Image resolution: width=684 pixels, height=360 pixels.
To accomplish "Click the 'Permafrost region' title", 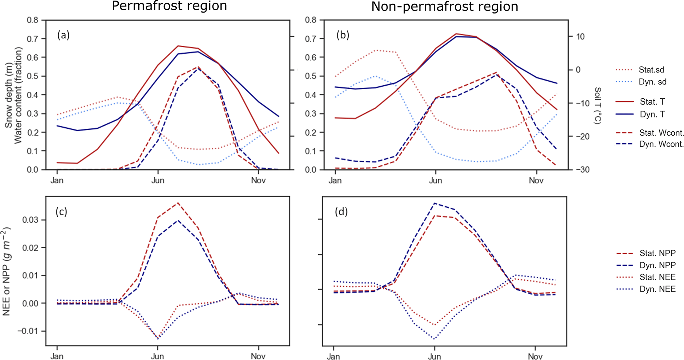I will pyautogui.click(x=169, y=6).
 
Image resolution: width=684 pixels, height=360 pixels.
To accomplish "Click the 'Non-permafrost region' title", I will pyautogui.click(x=444, y=6).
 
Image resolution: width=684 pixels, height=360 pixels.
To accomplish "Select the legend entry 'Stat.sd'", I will pyautogui.click(x=651, y=70).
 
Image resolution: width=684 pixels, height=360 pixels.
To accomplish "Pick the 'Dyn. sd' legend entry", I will pyautogui.click(x=652, y=82).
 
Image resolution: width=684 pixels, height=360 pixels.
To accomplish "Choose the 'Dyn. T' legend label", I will pyautogui.click(x=652, y=114).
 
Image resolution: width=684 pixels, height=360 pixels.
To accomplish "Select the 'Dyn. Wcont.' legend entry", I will pyautogui.click(x=661, y=144).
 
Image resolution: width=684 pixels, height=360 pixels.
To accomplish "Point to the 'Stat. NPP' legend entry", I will pyautogui.click(x=657, y=253).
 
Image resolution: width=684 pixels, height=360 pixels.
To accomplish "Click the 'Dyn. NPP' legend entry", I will pyautogui.click(x=657, y=265).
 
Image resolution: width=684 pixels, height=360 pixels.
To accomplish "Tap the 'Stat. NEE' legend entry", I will pyautogui.click(x=657, y=277).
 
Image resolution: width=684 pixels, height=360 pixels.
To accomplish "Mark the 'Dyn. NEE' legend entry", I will pyautogui.click(x=657, y=289).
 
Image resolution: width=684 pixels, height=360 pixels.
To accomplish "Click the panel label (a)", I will pyautogui.click(x=63, y=35).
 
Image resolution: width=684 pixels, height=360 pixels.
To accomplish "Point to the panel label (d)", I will pyautogui.click(x=341, y=211).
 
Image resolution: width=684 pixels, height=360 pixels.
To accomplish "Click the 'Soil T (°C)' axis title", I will pyautogui.click(x=597, y=106).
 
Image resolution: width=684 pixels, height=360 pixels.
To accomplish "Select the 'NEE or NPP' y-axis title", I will pyautogui.click(x=7, y=271).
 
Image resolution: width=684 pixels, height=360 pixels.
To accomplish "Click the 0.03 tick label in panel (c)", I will pyautogui.click(x=30, y=220).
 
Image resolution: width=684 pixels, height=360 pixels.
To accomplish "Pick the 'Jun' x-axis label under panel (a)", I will pyautogui.click(x=158, y=181).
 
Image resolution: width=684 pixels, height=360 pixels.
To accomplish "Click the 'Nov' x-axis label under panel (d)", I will pyautogui.click(x=535, y=356).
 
